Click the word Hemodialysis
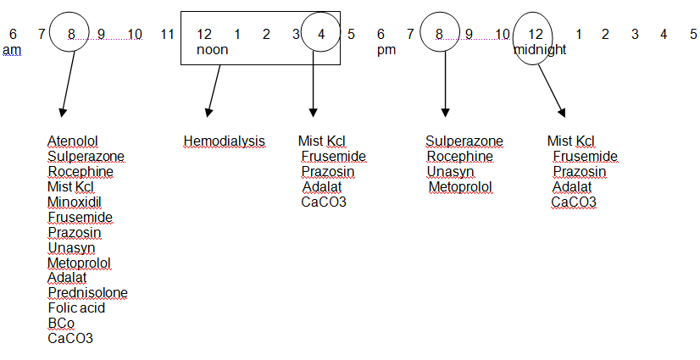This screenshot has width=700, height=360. point(224,141)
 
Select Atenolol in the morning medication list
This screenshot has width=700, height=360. point(73,141)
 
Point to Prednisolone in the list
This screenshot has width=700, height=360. point(87,293)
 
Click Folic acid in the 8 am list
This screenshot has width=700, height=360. point(76,308)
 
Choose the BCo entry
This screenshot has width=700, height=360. point(61,324)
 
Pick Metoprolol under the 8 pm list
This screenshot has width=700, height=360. point(460,187)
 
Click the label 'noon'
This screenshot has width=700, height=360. point(212,50)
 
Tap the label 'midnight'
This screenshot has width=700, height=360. point(540,50)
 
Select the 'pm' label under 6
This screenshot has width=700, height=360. point(386,50)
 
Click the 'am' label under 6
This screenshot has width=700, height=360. point(11,50)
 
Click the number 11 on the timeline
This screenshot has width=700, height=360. point(167,35)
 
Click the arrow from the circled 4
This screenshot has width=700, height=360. point(314,89)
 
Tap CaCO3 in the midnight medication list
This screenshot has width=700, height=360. point(574,202)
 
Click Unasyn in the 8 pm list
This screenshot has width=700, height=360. point(444,172)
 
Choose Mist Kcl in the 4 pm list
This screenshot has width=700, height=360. point(322,141)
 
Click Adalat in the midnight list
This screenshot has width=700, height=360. point(572,187)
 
